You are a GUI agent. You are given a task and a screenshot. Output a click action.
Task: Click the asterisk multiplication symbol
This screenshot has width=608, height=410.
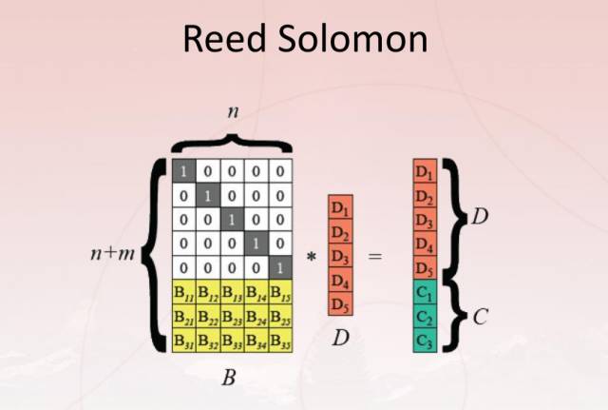click(x=310, y=258)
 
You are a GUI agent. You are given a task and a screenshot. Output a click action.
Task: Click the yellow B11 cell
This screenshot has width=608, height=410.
click(x=183, y=292)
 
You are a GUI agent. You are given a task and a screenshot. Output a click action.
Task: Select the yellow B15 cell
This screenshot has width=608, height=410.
click(x=280, y=292)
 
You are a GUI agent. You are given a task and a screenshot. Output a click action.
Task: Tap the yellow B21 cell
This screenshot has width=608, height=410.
click(x=183, y=316)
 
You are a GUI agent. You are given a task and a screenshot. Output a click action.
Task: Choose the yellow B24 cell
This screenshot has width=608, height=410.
click(x=256, y=316)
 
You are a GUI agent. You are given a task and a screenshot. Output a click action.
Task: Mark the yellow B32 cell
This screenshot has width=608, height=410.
click(x=207, y=340)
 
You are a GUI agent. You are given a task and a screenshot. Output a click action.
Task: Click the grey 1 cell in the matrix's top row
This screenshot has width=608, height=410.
click(x=182, y=171)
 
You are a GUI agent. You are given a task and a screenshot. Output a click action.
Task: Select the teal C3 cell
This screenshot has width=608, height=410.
click(x=424, y=340)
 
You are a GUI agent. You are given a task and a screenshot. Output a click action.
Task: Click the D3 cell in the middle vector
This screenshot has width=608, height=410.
click(x=340, y=257)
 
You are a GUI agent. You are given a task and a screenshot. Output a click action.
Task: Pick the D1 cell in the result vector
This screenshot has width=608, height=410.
click(x=424, y=173)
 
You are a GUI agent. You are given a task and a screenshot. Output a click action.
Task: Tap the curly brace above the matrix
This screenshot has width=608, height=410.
click(x=232, y=143)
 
